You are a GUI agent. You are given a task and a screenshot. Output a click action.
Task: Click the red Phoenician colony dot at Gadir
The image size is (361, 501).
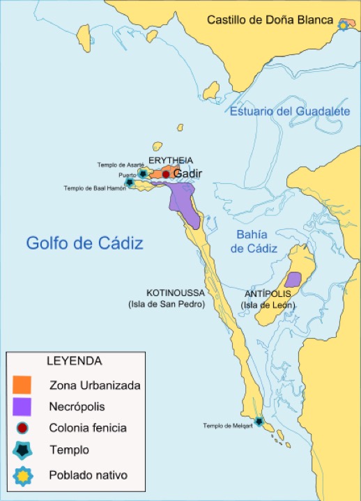pos(166,174)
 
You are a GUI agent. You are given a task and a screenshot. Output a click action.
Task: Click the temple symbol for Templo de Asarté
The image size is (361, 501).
pos(143,173)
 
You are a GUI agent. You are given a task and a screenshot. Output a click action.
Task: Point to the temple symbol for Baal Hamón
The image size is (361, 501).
pos(130,183)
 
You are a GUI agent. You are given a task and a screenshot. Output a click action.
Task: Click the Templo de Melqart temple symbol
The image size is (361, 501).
pos(260,422)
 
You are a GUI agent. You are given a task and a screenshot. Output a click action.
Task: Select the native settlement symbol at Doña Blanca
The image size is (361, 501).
pos(342,25)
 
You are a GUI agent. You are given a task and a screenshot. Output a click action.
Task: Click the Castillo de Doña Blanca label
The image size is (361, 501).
pos(270,20)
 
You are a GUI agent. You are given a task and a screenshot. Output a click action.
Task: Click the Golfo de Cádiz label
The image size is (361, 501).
pos(84,243)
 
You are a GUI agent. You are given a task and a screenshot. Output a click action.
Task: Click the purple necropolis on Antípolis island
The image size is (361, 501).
pos(293,279)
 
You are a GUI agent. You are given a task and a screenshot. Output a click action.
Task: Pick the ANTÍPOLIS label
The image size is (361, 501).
pos(268,293)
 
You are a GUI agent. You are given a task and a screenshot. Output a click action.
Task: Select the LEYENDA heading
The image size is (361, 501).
pos(75,362)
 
